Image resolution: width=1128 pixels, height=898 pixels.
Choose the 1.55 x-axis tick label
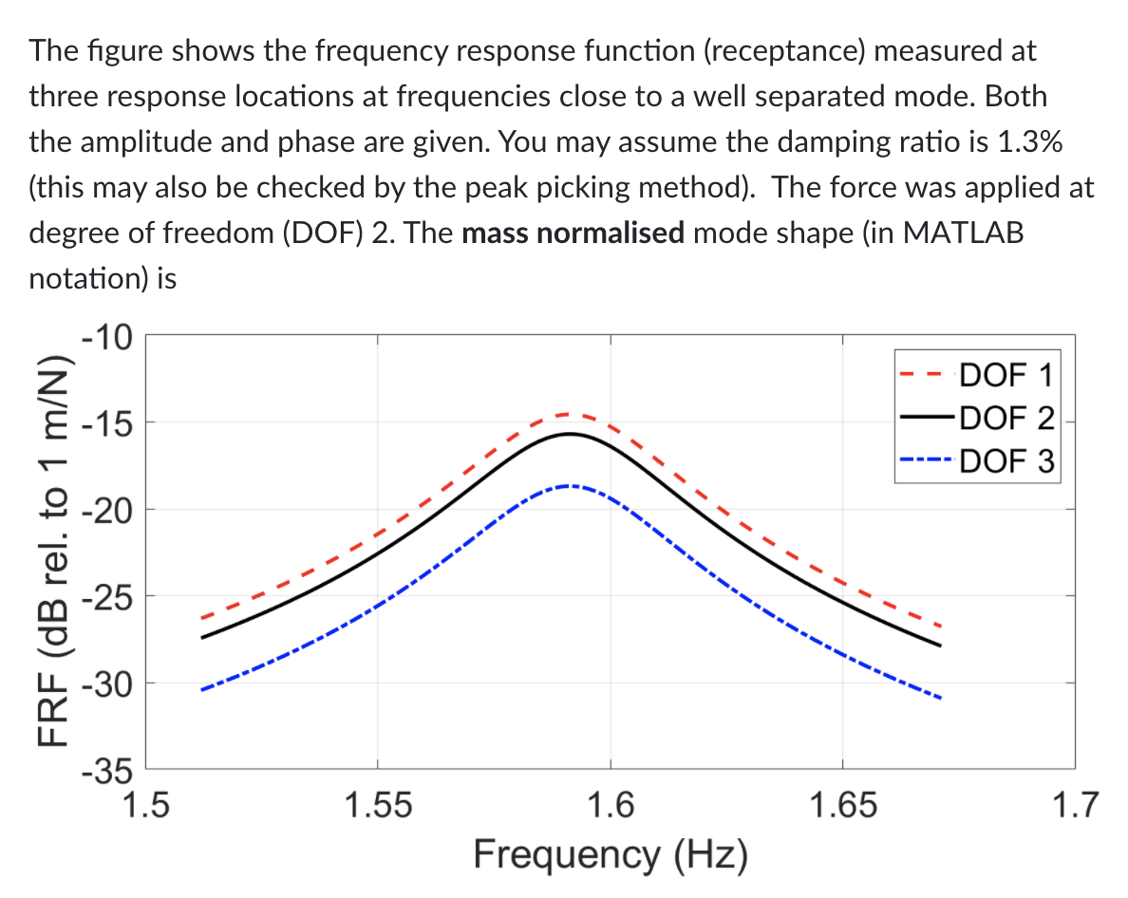coord(377,806)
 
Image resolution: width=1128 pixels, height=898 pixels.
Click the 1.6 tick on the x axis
coord(610,806)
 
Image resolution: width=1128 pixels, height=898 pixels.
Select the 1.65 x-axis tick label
coord(842,806)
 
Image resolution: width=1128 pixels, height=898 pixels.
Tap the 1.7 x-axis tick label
coord(1075,806)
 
